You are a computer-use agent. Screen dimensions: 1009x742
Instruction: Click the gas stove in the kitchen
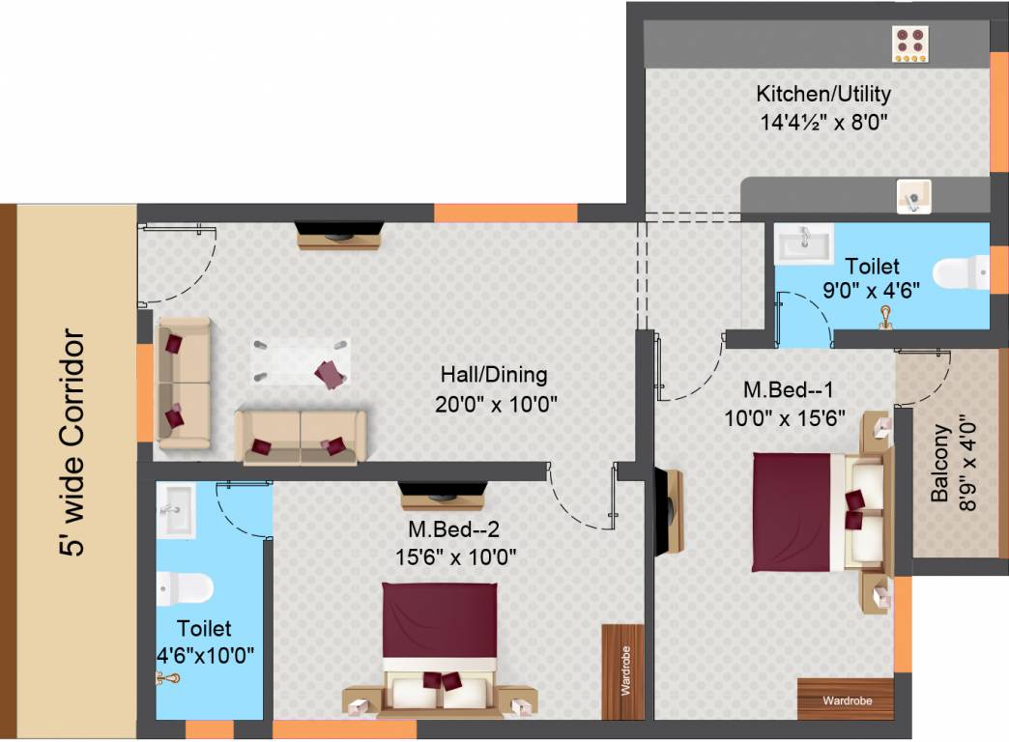909,43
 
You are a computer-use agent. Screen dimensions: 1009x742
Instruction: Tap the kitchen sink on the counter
913,196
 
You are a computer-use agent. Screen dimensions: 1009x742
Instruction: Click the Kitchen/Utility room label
823,94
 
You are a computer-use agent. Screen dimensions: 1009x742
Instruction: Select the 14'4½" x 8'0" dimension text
823,122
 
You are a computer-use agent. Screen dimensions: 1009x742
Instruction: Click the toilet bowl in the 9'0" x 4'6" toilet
961,272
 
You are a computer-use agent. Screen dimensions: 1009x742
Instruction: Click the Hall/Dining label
494,375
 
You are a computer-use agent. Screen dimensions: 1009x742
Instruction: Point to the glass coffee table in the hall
301,361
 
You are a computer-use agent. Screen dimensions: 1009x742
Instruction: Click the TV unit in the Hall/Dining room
339,235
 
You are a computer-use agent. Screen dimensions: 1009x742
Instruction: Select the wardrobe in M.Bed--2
623,671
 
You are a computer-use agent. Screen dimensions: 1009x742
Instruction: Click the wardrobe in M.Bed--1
846,699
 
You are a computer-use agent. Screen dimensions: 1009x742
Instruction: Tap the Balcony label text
939,464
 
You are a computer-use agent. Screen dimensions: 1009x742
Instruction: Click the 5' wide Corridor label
72,442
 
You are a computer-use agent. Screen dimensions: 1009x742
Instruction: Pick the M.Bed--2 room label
453,529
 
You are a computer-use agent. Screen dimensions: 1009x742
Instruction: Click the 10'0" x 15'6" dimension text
785,418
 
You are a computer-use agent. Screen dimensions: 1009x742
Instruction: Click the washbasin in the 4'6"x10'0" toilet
176,511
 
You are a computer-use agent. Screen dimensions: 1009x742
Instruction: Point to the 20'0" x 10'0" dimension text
496,404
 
